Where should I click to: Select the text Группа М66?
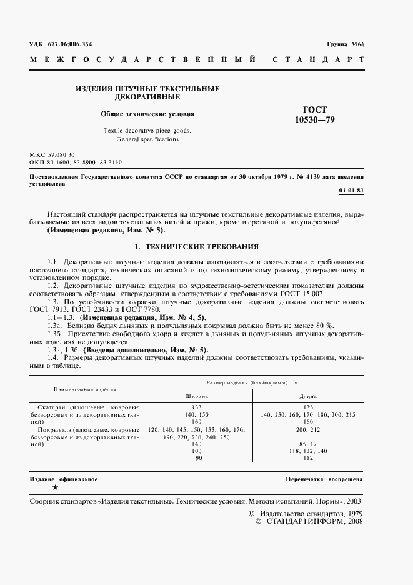(346, 44)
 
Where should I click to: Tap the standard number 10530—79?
(314, 119)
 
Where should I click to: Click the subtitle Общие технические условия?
(147, 114)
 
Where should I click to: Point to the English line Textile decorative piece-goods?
(147, 130)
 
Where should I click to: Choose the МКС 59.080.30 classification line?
(52, 154)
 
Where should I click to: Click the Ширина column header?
(196, 396)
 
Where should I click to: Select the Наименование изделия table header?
(86, 389)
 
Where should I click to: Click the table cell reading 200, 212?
(307, 431)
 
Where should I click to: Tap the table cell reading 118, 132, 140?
(307, 450)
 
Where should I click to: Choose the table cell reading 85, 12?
(307, 444)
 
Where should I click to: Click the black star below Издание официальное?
(55, 487)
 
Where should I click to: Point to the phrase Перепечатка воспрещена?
(324, 479)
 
